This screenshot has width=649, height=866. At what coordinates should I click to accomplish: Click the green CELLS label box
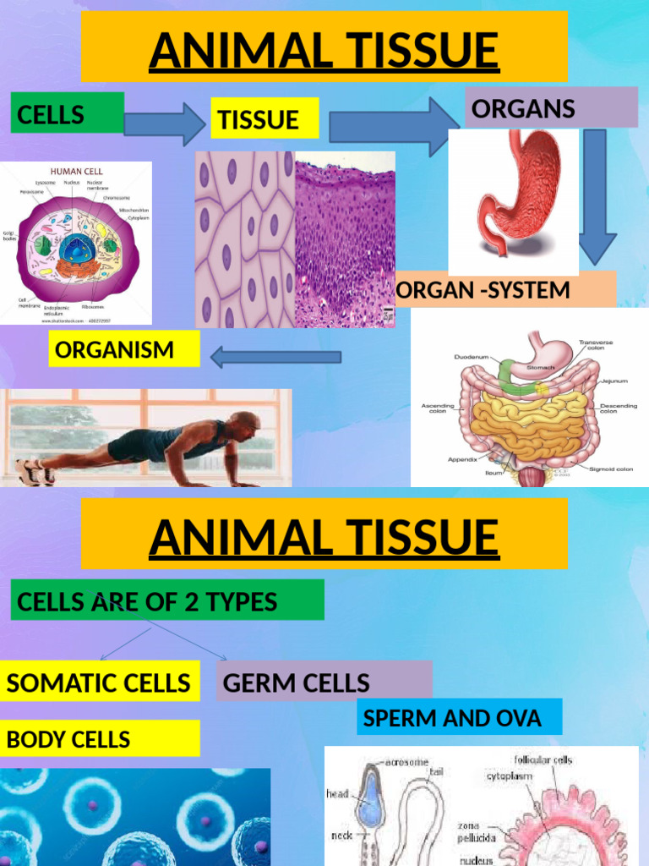67,113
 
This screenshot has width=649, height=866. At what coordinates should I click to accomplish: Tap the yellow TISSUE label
264,118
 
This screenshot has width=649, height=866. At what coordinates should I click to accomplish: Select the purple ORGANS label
551,107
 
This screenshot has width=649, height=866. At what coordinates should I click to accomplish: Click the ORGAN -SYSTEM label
505,290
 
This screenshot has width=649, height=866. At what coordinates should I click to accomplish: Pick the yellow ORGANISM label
123,348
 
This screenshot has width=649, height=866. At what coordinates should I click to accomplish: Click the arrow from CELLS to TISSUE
165,123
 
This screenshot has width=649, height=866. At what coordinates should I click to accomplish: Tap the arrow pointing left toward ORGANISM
275,356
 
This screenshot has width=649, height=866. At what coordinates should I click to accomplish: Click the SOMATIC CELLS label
99,682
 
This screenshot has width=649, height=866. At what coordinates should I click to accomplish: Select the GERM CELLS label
323,682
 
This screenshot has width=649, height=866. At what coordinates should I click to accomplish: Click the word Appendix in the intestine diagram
464,459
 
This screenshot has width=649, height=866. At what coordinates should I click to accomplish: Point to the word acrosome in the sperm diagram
408,763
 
